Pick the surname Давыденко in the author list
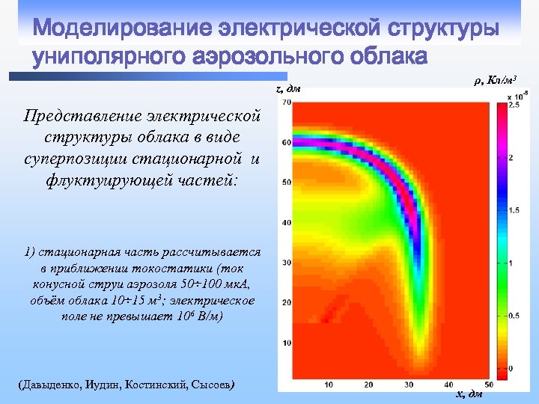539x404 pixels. point(49,385)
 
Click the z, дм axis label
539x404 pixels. point(288,89)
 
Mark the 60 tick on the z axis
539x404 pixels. point(287,142)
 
